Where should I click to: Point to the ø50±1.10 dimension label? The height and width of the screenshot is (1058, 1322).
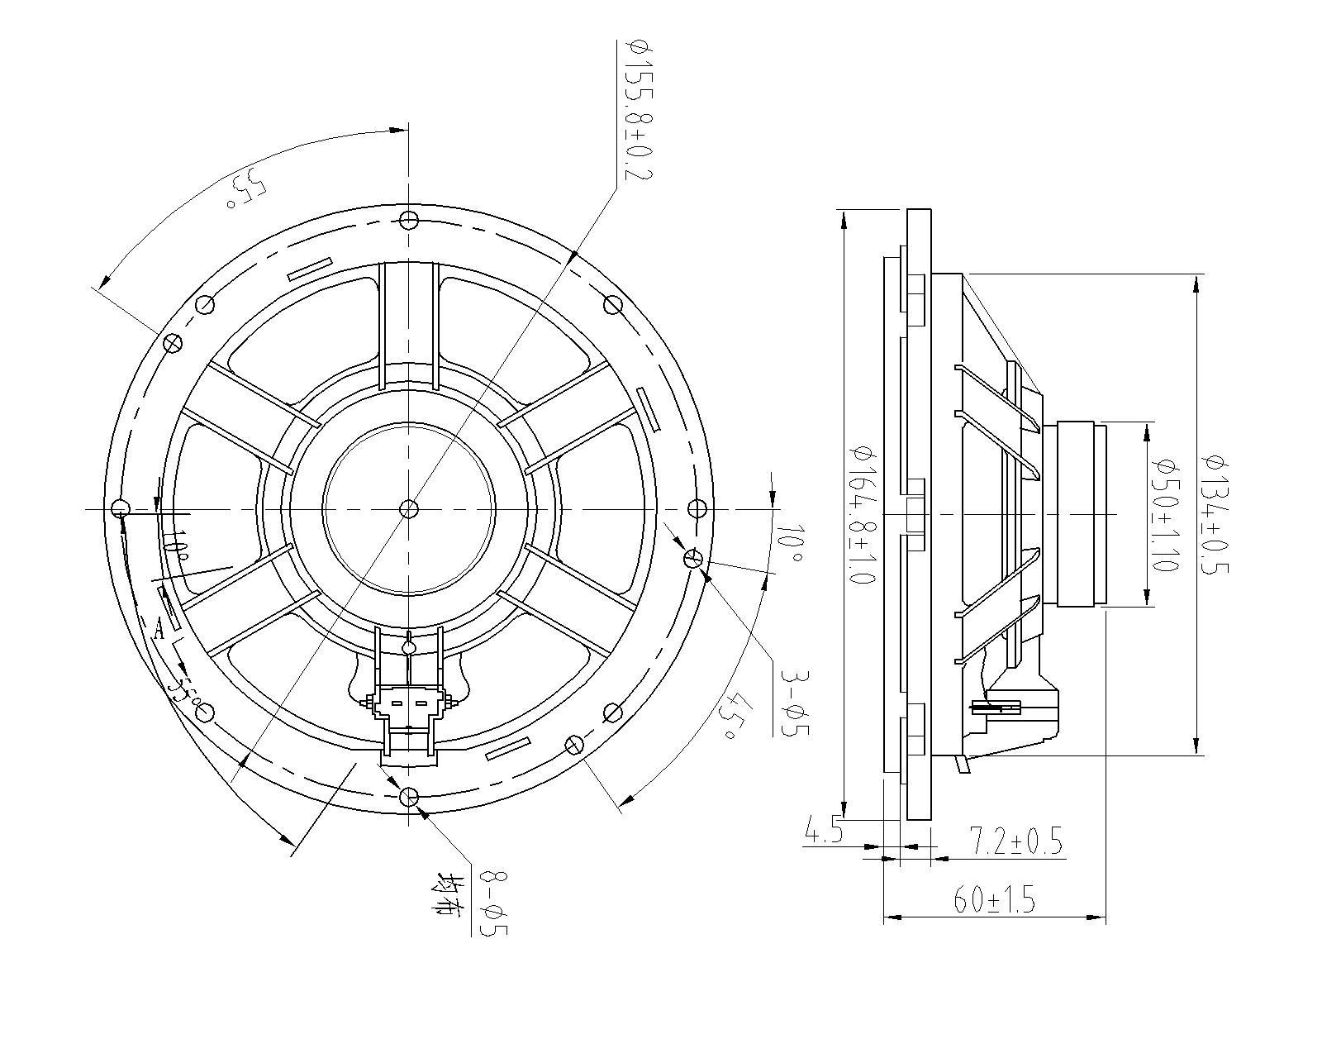click(1166, 514)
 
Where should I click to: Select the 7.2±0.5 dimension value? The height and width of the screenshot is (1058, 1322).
click(1015, 842)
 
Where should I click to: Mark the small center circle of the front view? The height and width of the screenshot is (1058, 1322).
click(409, 508)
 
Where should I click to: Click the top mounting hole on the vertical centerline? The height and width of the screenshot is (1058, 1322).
click(409, 220)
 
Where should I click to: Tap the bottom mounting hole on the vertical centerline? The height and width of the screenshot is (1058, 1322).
click(409, 797)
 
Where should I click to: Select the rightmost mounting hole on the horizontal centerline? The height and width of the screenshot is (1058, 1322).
click(697, 508)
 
